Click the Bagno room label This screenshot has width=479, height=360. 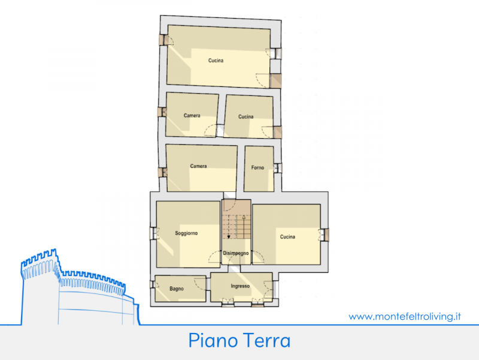pos(177,289)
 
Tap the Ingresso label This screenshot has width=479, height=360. pos(240,286)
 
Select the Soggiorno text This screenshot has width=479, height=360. pos(186,233)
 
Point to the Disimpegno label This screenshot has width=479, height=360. pos(235,253)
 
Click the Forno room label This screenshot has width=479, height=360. pos(257,167)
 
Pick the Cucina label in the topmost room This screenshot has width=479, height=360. pos(216,61)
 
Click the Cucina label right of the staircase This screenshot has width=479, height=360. pos(287,236)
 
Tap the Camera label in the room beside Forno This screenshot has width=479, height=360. pos(198,166)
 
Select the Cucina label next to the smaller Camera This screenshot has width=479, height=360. pos(245,116)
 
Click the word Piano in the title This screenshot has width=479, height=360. pos(213,340)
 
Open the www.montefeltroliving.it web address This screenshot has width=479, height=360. pos(405,316)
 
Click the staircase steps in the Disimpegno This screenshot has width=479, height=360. pos(236,227)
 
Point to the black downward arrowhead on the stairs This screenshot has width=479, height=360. pos(229,236)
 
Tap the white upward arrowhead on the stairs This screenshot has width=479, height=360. pos(244,217)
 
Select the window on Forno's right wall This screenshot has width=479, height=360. pos(277,168)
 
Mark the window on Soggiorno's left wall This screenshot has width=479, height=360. pos(153,233)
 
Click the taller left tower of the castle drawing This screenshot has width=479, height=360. pos(40,286)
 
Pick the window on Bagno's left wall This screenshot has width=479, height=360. pos(153,284)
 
